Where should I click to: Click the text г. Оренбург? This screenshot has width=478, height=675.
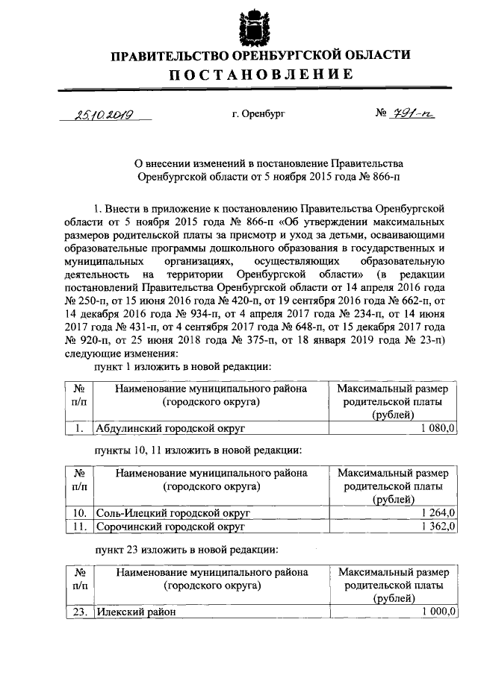(x=258, y=115)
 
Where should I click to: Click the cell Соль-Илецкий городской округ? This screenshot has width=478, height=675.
(x=173, y=513)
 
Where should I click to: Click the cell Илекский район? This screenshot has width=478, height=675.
(x=134, y=612)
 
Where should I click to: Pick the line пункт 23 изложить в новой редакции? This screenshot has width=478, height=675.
(x=184, y=550)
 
